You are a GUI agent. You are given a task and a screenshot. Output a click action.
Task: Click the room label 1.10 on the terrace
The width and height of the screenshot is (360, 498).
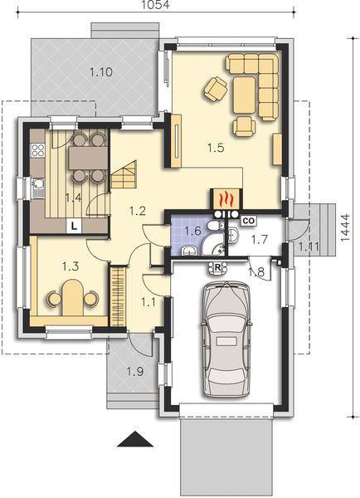[100, 72]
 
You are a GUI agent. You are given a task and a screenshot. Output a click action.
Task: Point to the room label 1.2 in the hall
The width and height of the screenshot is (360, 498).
[138, 212]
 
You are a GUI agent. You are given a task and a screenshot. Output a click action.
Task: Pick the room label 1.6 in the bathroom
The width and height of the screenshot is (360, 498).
[192, 231]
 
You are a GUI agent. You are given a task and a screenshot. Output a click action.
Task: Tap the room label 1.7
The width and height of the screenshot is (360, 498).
[260, 240]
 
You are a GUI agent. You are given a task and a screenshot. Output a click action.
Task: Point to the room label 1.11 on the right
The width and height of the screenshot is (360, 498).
[308, 247]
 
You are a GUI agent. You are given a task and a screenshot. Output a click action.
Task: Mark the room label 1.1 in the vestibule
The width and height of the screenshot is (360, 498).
[150, 302]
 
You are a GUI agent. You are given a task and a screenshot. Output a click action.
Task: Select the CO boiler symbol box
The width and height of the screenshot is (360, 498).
[248, 221]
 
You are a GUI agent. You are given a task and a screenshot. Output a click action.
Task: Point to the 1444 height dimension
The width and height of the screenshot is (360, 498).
[344, 233]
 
